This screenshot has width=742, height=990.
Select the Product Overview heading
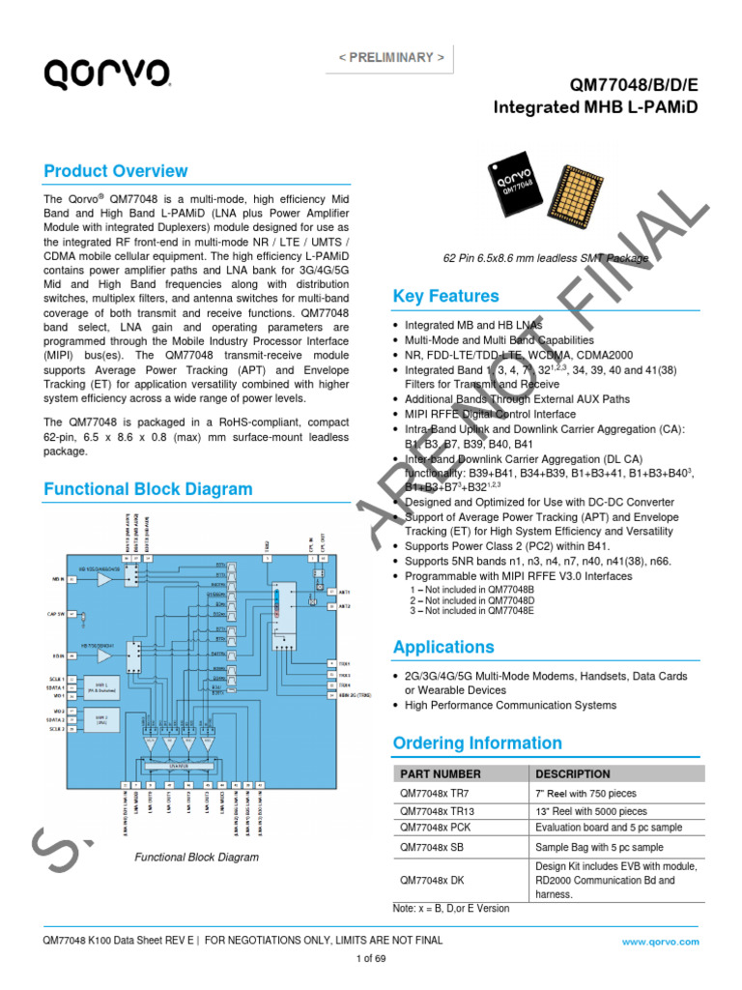[116, 171]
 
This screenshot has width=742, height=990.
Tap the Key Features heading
[446, 296]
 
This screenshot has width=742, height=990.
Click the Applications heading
[443, 647]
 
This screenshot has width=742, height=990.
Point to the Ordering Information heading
[477, 743]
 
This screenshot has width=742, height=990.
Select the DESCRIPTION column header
[572, 774]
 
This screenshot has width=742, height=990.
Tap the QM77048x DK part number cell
[432, 881]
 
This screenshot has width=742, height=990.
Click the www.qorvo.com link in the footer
[660, 941]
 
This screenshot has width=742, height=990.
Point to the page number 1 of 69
[371, 958]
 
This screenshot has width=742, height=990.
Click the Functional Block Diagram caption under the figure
[196, 858]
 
